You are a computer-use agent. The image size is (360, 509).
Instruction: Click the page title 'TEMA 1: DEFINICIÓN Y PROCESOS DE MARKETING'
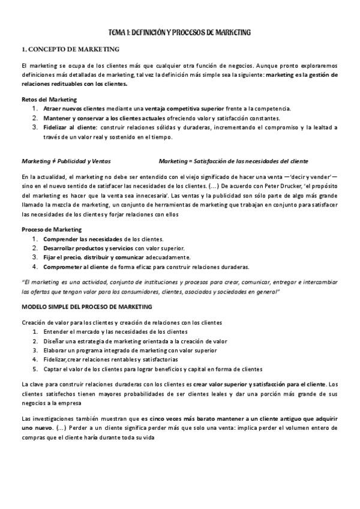tap(179, 32)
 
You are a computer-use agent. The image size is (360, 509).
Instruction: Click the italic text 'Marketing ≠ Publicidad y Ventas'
tap(65, 161)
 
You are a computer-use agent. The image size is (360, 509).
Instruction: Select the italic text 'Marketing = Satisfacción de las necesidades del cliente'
tap(234, 161)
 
